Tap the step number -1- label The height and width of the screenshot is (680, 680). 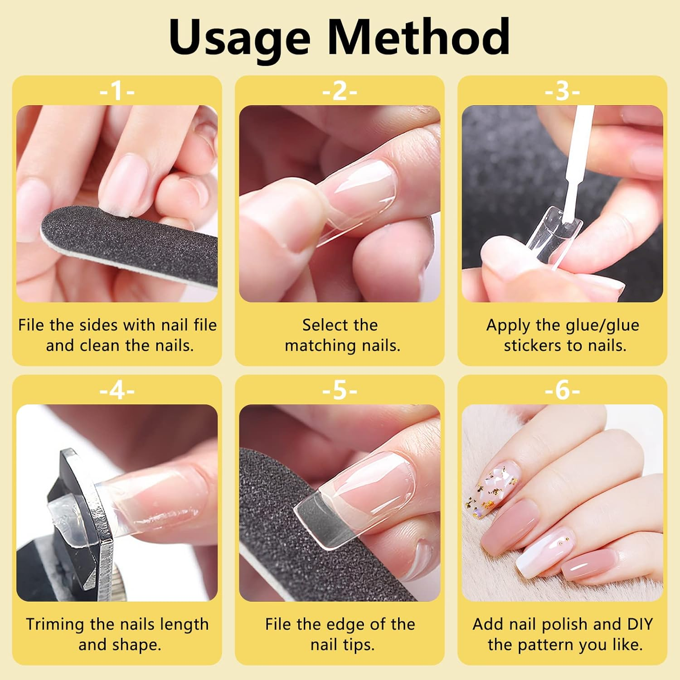point(117,91)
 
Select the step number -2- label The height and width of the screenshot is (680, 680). point(340,91)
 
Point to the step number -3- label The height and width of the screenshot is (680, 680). point(562,91)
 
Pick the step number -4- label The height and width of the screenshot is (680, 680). point(117,390)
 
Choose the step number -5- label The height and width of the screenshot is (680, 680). point(340,390)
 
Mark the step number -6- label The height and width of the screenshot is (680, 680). point(562,390)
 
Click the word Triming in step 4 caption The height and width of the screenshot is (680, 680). point(56,625)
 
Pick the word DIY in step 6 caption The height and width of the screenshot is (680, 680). point(640,625)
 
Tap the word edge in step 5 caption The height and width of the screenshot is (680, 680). point(346,625)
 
